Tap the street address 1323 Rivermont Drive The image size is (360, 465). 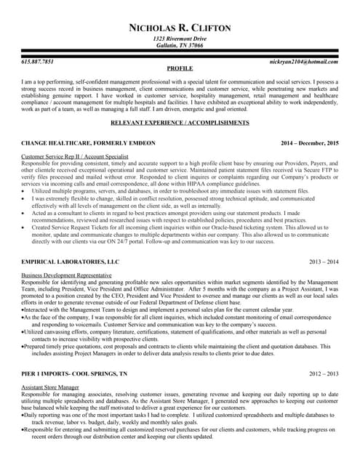coord(179,38)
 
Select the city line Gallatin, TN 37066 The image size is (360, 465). coord(179,45)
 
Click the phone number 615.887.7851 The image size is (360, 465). coord(38,62)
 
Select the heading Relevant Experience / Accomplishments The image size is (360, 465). coord(180,123)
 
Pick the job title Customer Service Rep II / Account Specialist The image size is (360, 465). coord(75,157)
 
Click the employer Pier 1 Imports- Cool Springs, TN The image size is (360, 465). coord(74,373)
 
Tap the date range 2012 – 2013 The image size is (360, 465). coord(324,373)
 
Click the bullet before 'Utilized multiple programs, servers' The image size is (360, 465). coord(24,191)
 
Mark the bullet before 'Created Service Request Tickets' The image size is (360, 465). coord(24,226)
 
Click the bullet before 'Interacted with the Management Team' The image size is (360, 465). coord(23,310)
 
